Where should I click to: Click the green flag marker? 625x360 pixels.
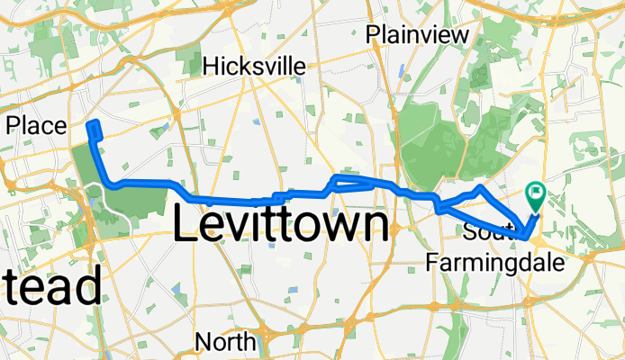pyautogui.click(x=535, y=192)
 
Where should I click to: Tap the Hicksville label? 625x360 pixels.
pyautogui.click(x=254, y=66)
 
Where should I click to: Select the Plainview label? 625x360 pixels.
pyautogui.click(x=418, y=35)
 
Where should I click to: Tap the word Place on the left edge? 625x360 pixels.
pyautogui.click(x=36, y=126)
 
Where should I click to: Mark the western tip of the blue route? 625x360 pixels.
pyautogui.click(x=93, y=125)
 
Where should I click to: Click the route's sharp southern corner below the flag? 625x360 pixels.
pyautogui.click(x=525, y=238)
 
